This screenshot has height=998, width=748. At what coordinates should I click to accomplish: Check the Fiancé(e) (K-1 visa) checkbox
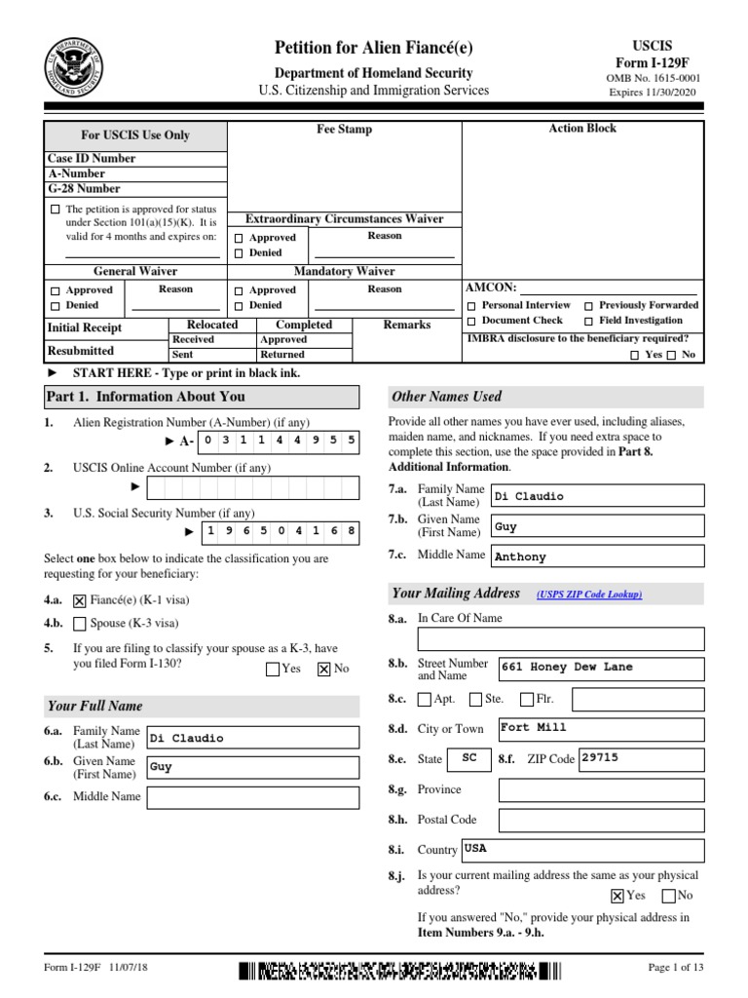[x=80, y=601]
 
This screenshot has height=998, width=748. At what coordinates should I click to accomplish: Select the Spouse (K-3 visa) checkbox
[x=80, y=624]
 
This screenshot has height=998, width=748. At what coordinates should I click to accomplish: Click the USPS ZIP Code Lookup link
[x=588, y=595]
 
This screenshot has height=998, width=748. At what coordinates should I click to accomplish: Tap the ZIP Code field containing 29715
[x=641, y=758]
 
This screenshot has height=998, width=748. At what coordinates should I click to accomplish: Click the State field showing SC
[x=469, y=758]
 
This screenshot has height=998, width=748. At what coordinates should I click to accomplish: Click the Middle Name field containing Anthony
[x=597, y=557]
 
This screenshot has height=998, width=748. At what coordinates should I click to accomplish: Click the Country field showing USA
[x=581, y=849]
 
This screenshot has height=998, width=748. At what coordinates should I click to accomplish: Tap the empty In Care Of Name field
[x=560, y=638]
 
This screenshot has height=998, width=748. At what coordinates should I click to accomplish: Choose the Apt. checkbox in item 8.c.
[x=424, y=699]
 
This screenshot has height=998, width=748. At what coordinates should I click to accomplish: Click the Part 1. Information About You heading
[x=145, y=397]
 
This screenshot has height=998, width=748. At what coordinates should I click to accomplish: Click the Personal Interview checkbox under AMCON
[x=472, y=306]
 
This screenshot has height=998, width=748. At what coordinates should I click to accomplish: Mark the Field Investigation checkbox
[x=589, y=321]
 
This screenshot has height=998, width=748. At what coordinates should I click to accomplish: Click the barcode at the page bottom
[x=400, y=970]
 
